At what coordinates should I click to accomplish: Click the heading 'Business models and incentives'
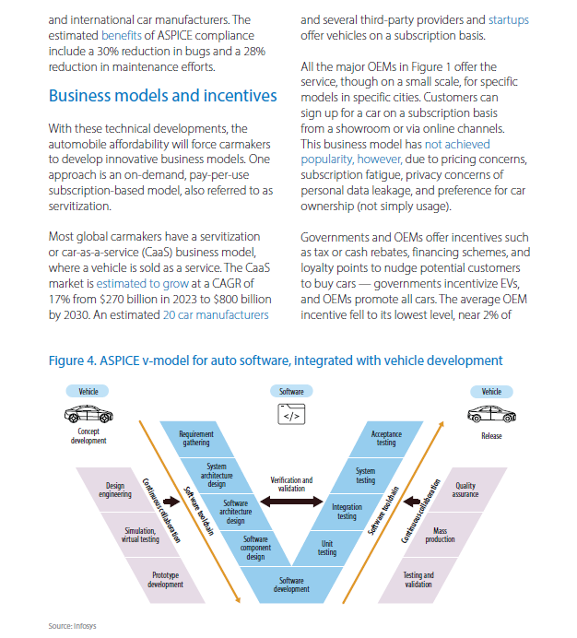[x=163, y=96]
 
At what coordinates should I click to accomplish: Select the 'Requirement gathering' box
[x=196, y=439]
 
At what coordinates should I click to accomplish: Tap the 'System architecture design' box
[x=216, y=475]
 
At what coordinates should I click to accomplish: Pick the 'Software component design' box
[x=255, y=548]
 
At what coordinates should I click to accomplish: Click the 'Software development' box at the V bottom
[x=291, y=585]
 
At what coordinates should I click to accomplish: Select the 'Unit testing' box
[x=327, y=548]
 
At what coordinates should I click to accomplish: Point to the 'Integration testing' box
[x=347, y=512]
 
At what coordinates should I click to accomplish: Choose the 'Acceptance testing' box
[x=386, y=439]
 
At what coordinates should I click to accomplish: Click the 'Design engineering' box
[x=115, y=490]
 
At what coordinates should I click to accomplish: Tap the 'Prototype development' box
[x=166, y=580]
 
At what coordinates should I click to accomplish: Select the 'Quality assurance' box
[x=465, y=490]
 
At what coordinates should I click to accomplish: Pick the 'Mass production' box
[x=441, y=535]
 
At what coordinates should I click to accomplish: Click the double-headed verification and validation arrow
[x=291, y=502]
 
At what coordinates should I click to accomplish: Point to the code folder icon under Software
[x=291, y=414]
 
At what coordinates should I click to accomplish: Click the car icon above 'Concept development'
[x=88, y=414]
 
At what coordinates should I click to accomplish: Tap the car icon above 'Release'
[x=491, y=415]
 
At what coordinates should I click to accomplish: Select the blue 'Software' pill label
[x=291, y=392]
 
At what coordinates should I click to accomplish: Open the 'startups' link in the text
[x=509, y=20]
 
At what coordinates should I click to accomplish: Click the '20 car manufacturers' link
[x=216, y=315]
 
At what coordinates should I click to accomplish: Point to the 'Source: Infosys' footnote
[x=73, y=626]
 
